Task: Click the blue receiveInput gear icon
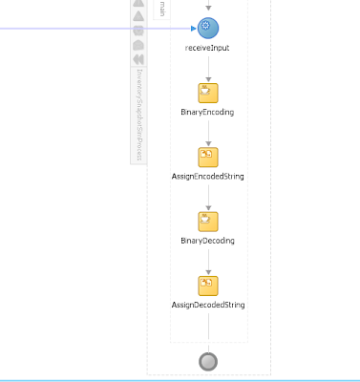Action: [x=208, y=28]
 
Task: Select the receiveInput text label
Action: [x=207, y=47]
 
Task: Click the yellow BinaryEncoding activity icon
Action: [x=208, y=93]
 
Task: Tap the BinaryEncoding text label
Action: [x=207, y=112]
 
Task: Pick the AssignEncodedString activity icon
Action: [x=208, y=157]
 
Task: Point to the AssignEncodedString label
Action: [x=207, y=177]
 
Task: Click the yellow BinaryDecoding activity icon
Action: [x=208, y=222]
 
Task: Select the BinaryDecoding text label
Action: [x=207, y=241]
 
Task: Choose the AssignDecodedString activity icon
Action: [x=208, y=286]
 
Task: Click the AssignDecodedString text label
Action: [x=207, y=305]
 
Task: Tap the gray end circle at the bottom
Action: [x=208, y=362]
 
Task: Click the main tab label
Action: [x=162, y=9]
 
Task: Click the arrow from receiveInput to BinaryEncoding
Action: [x=208, y=67]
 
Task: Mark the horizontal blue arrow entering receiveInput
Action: [x=95, y=28]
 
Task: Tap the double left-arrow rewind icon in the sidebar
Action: [x=138, y=59]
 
